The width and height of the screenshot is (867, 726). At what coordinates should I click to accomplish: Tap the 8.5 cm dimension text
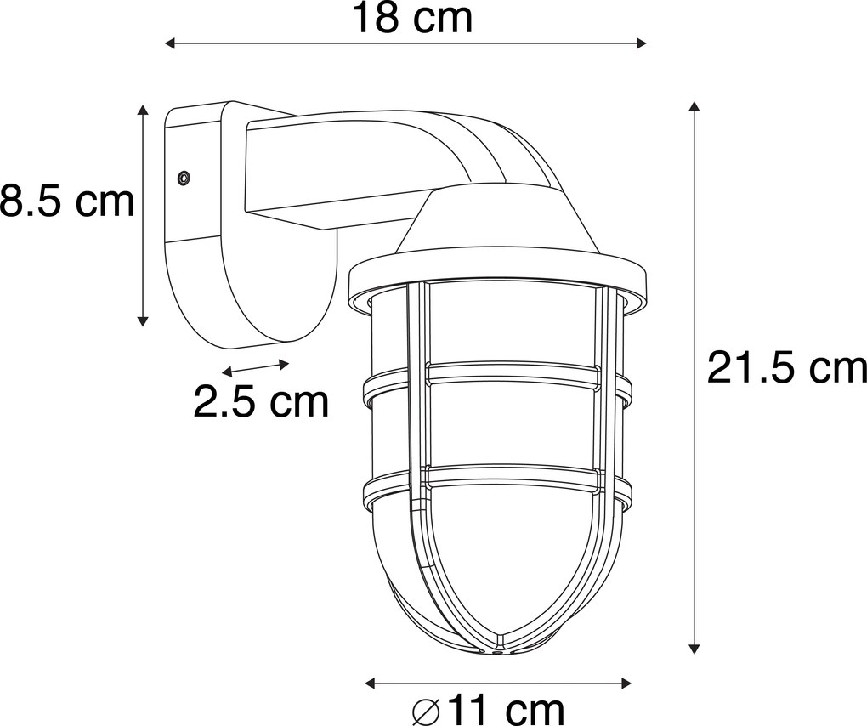point(67,202)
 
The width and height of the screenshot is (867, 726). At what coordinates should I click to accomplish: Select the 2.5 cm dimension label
point(261,401)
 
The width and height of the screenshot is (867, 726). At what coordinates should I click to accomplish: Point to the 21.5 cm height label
point(787,369)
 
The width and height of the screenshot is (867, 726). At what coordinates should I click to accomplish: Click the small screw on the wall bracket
point(183,177)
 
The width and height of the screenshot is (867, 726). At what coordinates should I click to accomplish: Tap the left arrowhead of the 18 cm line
point(169,43)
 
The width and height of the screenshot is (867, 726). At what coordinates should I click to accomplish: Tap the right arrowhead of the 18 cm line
point(642,43)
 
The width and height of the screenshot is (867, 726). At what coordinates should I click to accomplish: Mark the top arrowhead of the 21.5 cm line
point(694,107)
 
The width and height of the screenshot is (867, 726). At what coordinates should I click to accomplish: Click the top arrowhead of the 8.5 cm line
point(144,111)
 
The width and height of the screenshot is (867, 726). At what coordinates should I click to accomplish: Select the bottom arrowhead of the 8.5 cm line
point(144,320)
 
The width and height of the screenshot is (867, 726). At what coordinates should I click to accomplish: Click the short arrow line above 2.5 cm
point(256,367)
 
